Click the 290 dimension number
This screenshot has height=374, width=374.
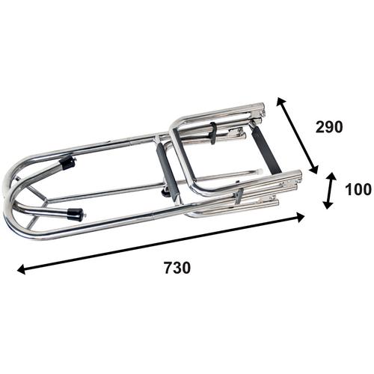tap(329, 126)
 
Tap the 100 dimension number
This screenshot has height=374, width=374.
tap(358, 189)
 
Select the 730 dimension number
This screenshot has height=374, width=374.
tap(177, 268)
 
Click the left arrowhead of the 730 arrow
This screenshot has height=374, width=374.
tap(21, 269)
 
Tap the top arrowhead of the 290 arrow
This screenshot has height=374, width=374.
tap(280, 102)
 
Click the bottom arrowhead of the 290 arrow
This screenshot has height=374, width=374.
tap(314, 169)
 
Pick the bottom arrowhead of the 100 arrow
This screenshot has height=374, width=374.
tap(328, 205)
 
